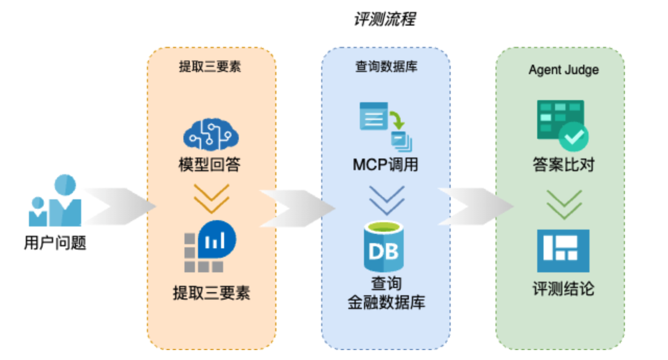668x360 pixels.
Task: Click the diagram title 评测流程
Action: (x=384, y=19)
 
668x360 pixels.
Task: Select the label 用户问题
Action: (x=55, y=243)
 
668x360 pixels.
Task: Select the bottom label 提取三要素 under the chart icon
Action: (x=211, y=293)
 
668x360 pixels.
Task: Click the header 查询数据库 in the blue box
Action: (x=385, y=67)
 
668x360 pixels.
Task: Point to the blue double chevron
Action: (x=386, y=200)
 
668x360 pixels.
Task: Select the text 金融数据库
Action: (x=386, y=303)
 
